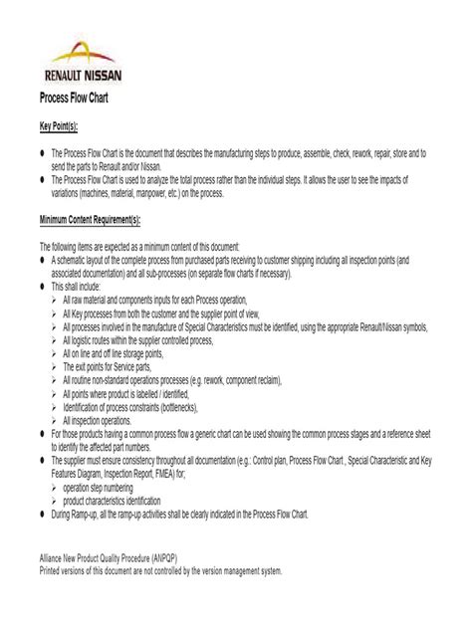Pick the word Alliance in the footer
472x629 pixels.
[x=53, y=559]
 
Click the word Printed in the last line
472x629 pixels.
[x=52, y=571]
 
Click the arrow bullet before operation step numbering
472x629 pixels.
[x=56, y=488]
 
